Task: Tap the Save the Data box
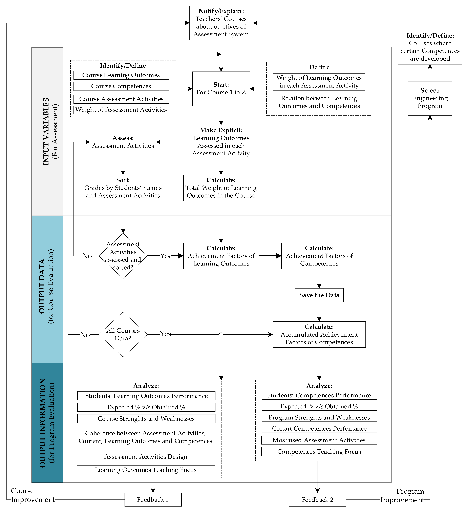click(319, 295)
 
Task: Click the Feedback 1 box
click(153, 500)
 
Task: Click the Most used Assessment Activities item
click(319, 440)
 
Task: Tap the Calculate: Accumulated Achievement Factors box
click(319, 334)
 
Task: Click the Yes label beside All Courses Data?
click(165, 334)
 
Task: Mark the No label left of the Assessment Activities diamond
click(87, 256)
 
